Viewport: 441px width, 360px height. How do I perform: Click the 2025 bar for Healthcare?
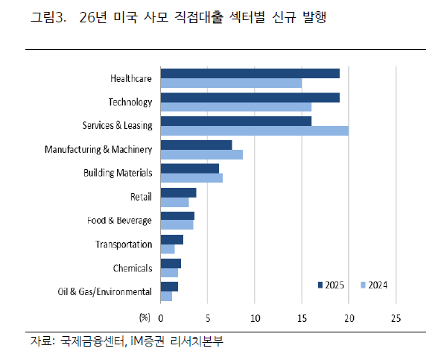pyautogui.click(x=250, y=73)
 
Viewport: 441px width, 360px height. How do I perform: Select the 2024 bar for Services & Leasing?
pyautogui.click(x=254, y=130)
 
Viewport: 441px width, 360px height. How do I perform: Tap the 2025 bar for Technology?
pyautogui.click(x=250, y=97)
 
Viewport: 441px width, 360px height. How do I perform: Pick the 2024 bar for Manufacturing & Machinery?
pyautogui.click(x=201, y=154)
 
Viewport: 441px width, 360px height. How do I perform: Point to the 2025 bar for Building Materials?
pyautogui.click(x=189, y=168)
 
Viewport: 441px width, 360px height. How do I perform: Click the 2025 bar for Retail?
pyautogui.click(x=178, y=192)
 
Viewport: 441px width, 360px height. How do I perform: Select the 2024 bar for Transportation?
pyautogui.click(x=167, y=249)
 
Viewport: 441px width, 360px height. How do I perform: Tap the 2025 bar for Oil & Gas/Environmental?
pyautogui.click(x=169, y=287)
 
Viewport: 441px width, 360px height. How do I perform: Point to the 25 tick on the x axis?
pyautogui.click(x=396, y=318)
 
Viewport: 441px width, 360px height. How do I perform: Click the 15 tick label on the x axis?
pyautogui.click(x=302, y=318)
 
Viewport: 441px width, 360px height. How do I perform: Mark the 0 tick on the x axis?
pyautogui.click(x=160, y=318)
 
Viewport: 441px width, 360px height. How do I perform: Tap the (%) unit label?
pyautogui.click(x=145, y=318)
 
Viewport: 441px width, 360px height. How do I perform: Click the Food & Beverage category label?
pyautogui.click(x=119, y=221)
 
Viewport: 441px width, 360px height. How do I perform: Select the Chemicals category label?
pyautogui.click(x=132, y=268)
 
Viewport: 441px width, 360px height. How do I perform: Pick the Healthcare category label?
pyautogui.click(x=130, y=78)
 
